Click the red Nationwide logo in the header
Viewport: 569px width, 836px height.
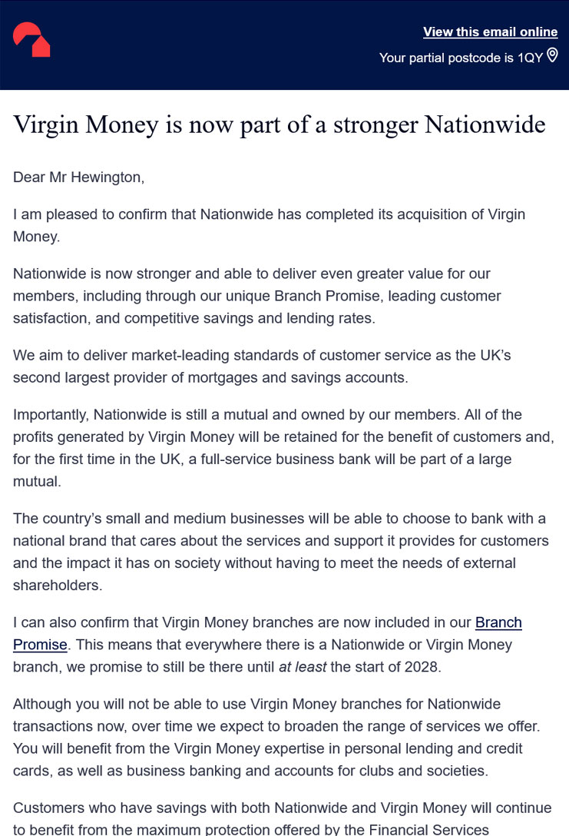(31, 40)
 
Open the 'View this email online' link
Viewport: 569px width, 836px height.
(490, 32)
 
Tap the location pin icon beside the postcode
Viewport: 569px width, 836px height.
(552, 56)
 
